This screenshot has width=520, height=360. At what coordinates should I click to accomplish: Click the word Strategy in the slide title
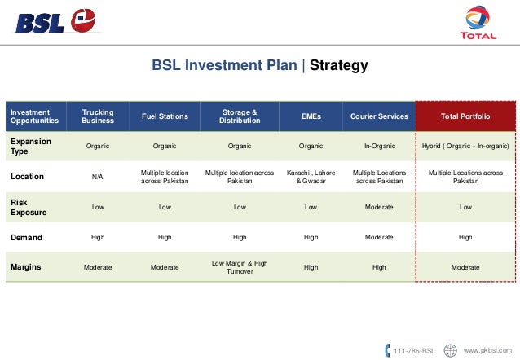(x=338, y=65)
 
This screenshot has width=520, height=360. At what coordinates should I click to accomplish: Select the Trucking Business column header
(x=98, y=116)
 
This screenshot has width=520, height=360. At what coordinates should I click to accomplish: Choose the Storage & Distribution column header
(x=240, y=116)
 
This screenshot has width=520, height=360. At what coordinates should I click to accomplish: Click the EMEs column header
(x=311, y=116)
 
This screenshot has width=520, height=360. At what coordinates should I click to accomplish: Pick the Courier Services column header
(x=379, y=116)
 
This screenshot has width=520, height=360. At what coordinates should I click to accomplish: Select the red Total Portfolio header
(x=465, y=116)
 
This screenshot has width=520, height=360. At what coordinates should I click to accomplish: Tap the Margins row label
(x=26, y=266)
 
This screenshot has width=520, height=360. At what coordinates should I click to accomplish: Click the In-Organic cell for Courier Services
(x=379, y=146)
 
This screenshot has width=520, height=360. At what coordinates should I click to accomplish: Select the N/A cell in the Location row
(x=98, y=177)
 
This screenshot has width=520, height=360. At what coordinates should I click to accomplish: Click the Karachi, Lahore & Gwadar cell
(x=311, y=177)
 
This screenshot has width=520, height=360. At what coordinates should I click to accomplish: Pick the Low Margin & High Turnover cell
(x=240, y=266)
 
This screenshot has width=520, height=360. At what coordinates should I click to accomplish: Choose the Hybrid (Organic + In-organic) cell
(x=465, y=146)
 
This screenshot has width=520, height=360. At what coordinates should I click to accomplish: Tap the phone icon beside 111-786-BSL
(x=387, y=350)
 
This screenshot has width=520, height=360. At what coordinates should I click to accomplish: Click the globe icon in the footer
(x=450, y=350)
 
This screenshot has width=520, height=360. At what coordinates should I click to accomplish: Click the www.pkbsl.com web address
(x=487, y=350)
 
